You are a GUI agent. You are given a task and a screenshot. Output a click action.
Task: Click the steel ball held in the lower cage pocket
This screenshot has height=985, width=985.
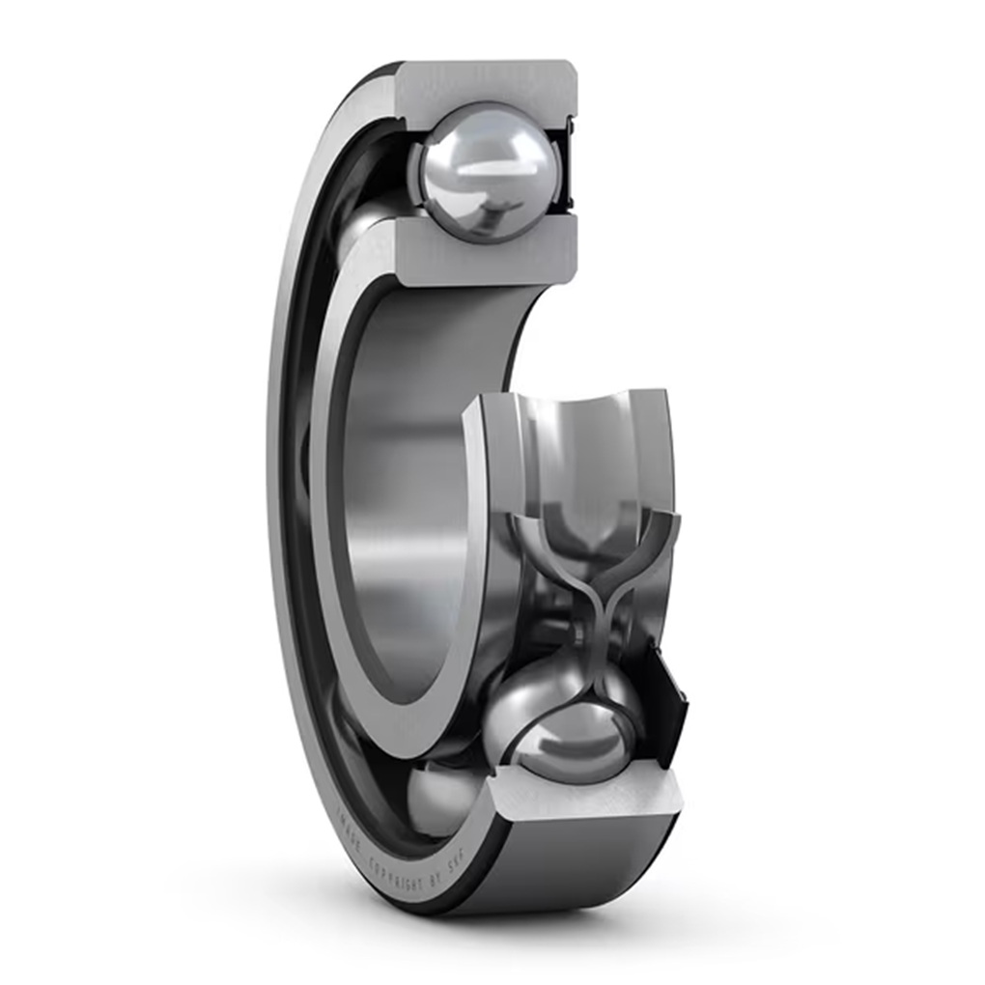[570, 734]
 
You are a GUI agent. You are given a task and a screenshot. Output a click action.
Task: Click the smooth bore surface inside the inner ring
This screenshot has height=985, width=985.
[406, 483]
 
